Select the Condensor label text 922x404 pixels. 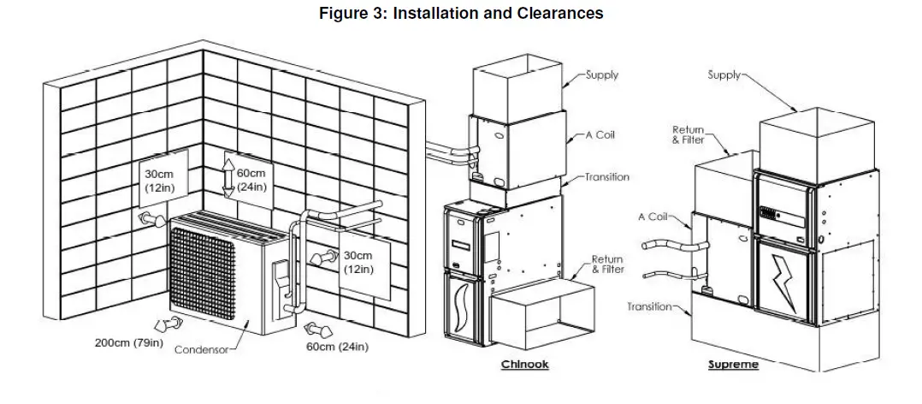(x=203, y=351)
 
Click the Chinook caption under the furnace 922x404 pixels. (x=524, y=365)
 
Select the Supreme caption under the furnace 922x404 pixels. (x=733, y=365)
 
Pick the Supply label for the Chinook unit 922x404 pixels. (x=602, y=75)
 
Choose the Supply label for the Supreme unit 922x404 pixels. (x=724, y=75)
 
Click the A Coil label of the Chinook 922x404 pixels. (x=601, y=135)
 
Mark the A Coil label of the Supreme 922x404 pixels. (x=652, y=217)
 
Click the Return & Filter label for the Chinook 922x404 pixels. (x=607, y=264)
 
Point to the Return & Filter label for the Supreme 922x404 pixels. (x=688, y=134)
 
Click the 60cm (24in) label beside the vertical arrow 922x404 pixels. (x=251, y=181)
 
